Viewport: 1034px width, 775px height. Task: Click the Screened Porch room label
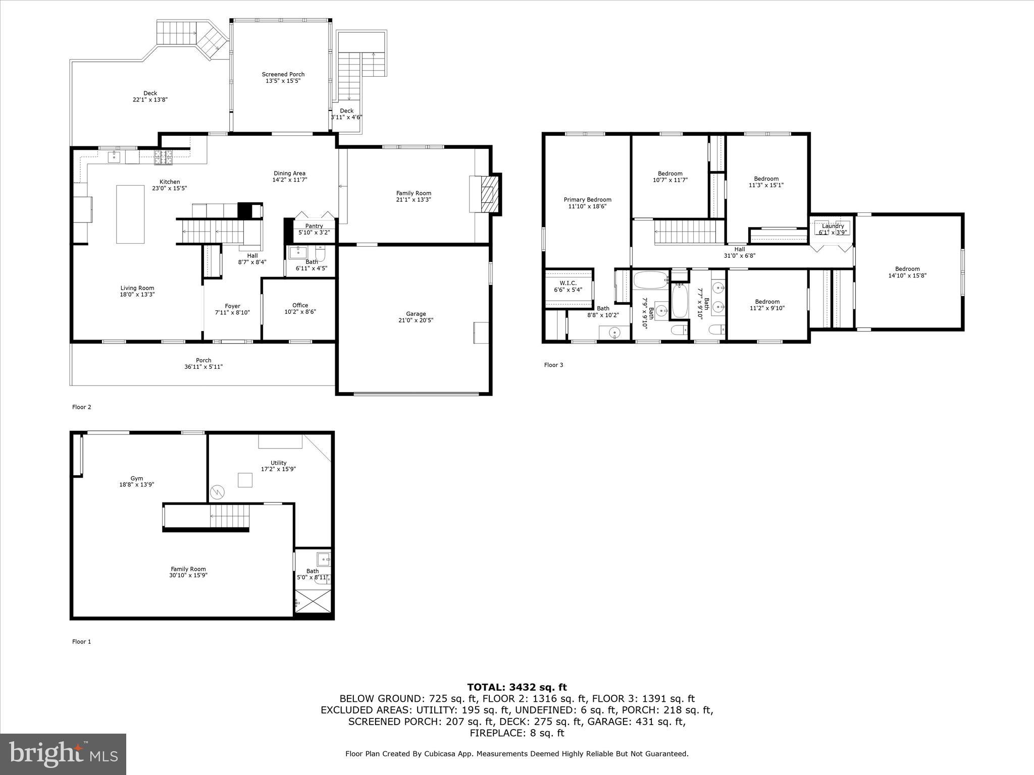point(283,75)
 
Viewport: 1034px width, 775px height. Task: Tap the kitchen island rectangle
point(130,214)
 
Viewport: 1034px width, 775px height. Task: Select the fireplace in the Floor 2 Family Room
point(488,194)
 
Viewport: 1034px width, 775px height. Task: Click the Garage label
point(416,314)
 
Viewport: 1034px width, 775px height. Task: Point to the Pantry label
point(314,226)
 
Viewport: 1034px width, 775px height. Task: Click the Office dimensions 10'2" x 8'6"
point(300,312)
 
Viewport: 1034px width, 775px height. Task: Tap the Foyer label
point(232,306)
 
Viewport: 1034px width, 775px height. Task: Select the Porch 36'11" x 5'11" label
point(203,364)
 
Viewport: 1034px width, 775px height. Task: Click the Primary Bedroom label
point(587,200)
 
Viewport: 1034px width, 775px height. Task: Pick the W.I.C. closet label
point(568,284)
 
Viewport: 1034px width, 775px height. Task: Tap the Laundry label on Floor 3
point(833,226)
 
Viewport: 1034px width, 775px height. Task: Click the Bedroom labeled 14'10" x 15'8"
point(907,272)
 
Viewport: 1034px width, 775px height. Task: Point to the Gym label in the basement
point(137,478)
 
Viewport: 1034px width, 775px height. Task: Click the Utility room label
point(278,463)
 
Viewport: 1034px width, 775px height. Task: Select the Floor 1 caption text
point(82,642)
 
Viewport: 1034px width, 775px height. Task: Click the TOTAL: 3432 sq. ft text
point(516,687)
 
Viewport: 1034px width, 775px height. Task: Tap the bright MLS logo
point(63,754)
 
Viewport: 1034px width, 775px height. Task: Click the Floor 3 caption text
point(553,365)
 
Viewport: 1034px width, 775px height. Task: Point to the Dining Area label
point(289,174)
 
